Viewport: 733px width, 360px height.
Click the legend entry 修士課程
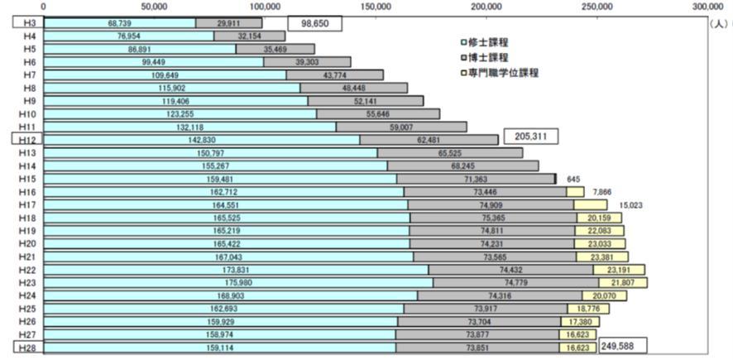pos(490,41)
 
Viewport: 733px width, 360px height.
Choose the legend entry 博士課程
pos(490,56)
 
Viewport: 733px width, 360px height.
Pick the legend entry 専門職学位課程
pos(501,73)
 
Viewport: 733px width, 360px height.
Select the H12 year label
pos(26,140)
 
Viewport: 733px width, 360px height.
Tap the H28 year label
pos(26,348)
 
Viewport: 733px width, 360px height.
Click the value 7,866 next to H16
pos(602,191)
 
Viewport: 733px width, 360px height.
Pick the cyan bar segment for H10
pos(180,113)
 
